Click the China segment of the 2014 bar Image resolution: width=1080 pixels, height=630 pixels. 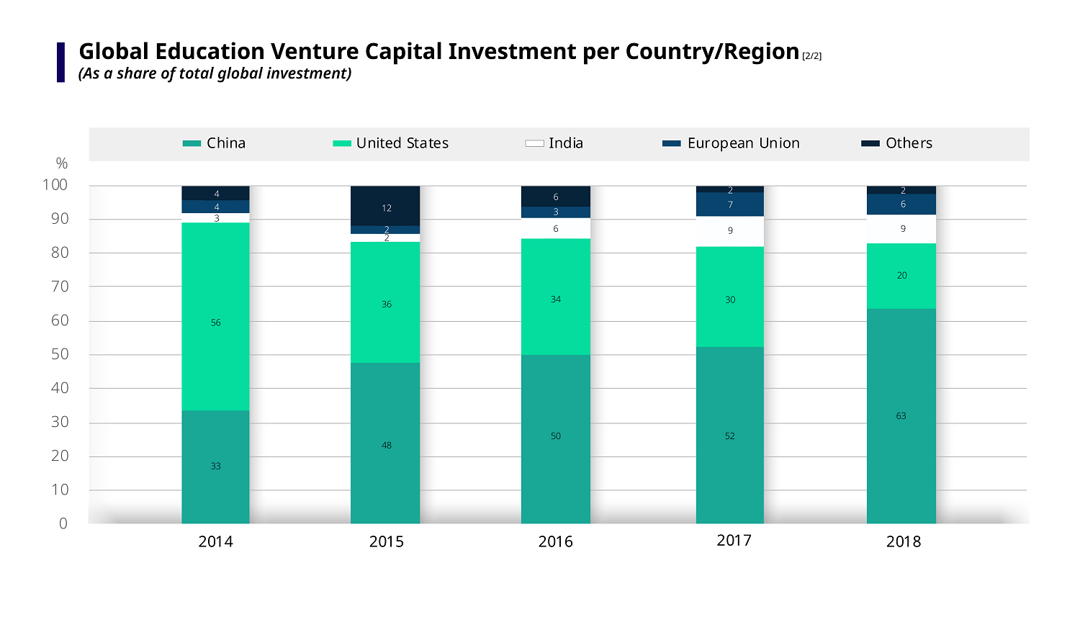pyautogui.click(x=215, y=467)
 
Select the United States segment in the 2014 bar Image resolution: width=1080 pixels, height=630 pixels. pyautogui.click(x=215, y=317)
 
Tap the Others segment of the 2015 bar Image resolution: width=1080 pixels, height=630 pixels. pyautogui.click(x=385, y=206)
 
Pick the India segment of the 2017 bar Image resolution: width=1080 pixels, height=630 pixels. pyautogui.click(x=729, y=231)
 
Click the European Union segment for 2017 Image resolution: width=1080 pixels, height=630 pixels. pyautogui.click(x=729, y=204)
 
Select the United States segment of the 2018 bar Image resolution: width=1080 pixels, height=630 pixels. pyautogui.click(x=901, y=276)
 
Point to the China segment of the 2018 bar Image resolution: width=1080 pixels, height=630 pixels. pyautogui.click(x=901, y=416)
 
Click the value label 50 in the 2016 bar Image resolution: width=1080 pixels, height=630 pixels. pyautogui.click(x=555, y=436)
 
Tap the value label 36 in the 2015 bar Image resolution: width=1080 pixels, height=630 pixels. pyautogui.click(x=387, y=305)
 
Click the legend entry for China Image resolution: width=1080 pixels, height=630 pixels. pyautogui.click(x=215, y=143)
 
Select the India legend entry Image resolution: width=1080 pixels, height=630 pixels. pyautogui.click(x=554, y=143)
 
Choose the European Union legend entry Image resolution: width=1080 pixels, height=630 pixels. pyautogui.click(x=731, y=143)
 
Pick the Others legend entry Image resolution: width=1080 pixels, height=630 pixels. pyautogui.click(x=897, y=143)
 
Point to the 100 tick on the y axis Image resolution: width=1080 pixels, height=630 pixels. pyautogui.click(x=55, y=185)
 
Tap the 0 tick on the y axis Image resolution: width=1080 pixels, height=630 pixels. pyautogui.click(x=63, y=523)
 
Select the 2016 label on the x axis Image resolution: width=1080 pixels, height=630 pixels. pyautogui.click(x=555, y=541)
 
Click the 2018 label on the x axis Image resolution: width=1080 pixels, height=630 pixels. pyautogui.click(x=903, y=541)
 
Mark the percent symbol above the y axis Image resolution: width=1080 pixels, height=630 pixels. pyautogui.click(x=62, y=163)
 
